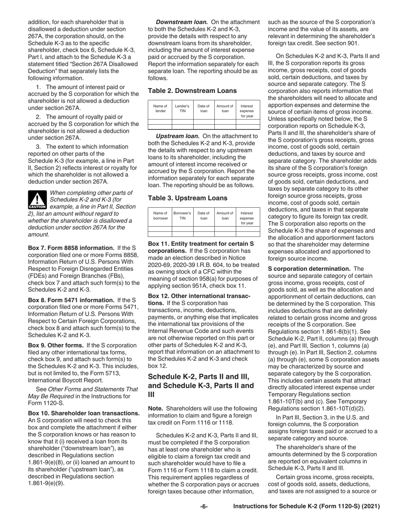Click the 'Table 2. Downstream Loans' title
point(192,91)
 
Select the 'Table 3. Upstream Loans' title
point(188,198)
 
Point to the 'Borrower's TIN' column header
point(182,216)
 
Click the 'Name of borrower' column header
point(160,216)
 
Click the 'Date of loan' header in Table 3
point(203,216)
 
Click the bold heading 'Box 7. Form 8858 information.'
point(71,248)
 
